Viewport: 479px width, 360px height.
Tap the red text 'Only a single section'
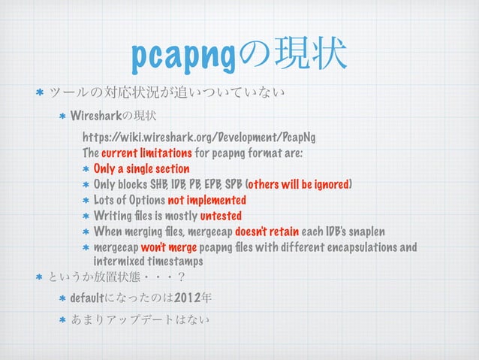point(141,168)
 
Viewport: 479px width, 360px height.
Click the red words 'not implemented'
point(206,201)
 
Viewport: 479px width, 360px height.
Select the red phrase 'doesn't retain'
point(268,232)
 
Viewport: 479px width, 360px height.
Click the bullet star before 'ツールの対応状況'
point(36,95)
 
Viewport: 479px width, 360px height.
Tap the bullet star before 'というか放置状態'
point(36,277)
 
